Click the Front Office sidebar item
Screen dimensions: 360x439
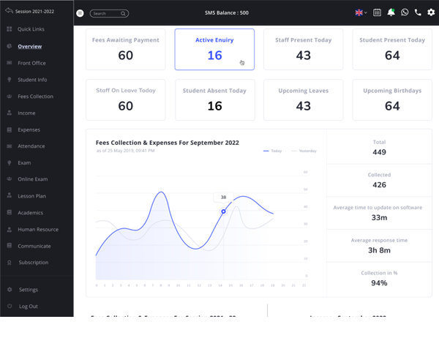[31, 63]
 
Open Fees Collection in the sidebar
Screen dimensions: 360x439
[35, 97]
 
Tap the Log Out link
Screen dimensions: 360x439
[28, 307]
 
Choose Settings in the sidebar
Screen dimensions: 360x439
[28, 290]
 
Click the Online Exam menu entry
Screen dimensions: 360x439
[32, 179]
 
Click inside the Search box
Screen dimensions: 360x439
[106, 13]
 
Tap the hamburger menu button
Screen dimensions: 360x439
[80, 13]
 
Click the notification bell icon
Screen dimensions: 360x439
[391, 12]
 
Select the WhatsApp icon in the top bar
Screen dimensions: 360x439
[405, 12]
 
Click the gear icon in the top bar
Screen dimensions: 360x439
[431, 12]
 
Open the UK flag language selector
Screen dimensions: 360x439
[361, 12]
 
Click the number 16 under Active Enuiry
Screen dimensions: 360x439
[214, 56]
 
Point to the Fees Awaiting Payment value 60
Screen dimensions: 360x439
[126, 56]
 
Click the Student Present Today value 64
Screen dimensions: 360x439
[392, 56]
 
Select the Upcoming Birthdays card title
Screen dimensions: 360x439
[392, 91]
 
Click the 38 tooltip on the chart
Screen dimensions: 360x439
[223, 198]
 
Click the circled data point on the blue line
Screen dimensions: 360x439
[224, 211]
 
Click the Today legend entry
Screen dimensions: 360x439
[273, 151]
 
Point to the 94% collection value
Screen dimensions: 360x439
[379, 283]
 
